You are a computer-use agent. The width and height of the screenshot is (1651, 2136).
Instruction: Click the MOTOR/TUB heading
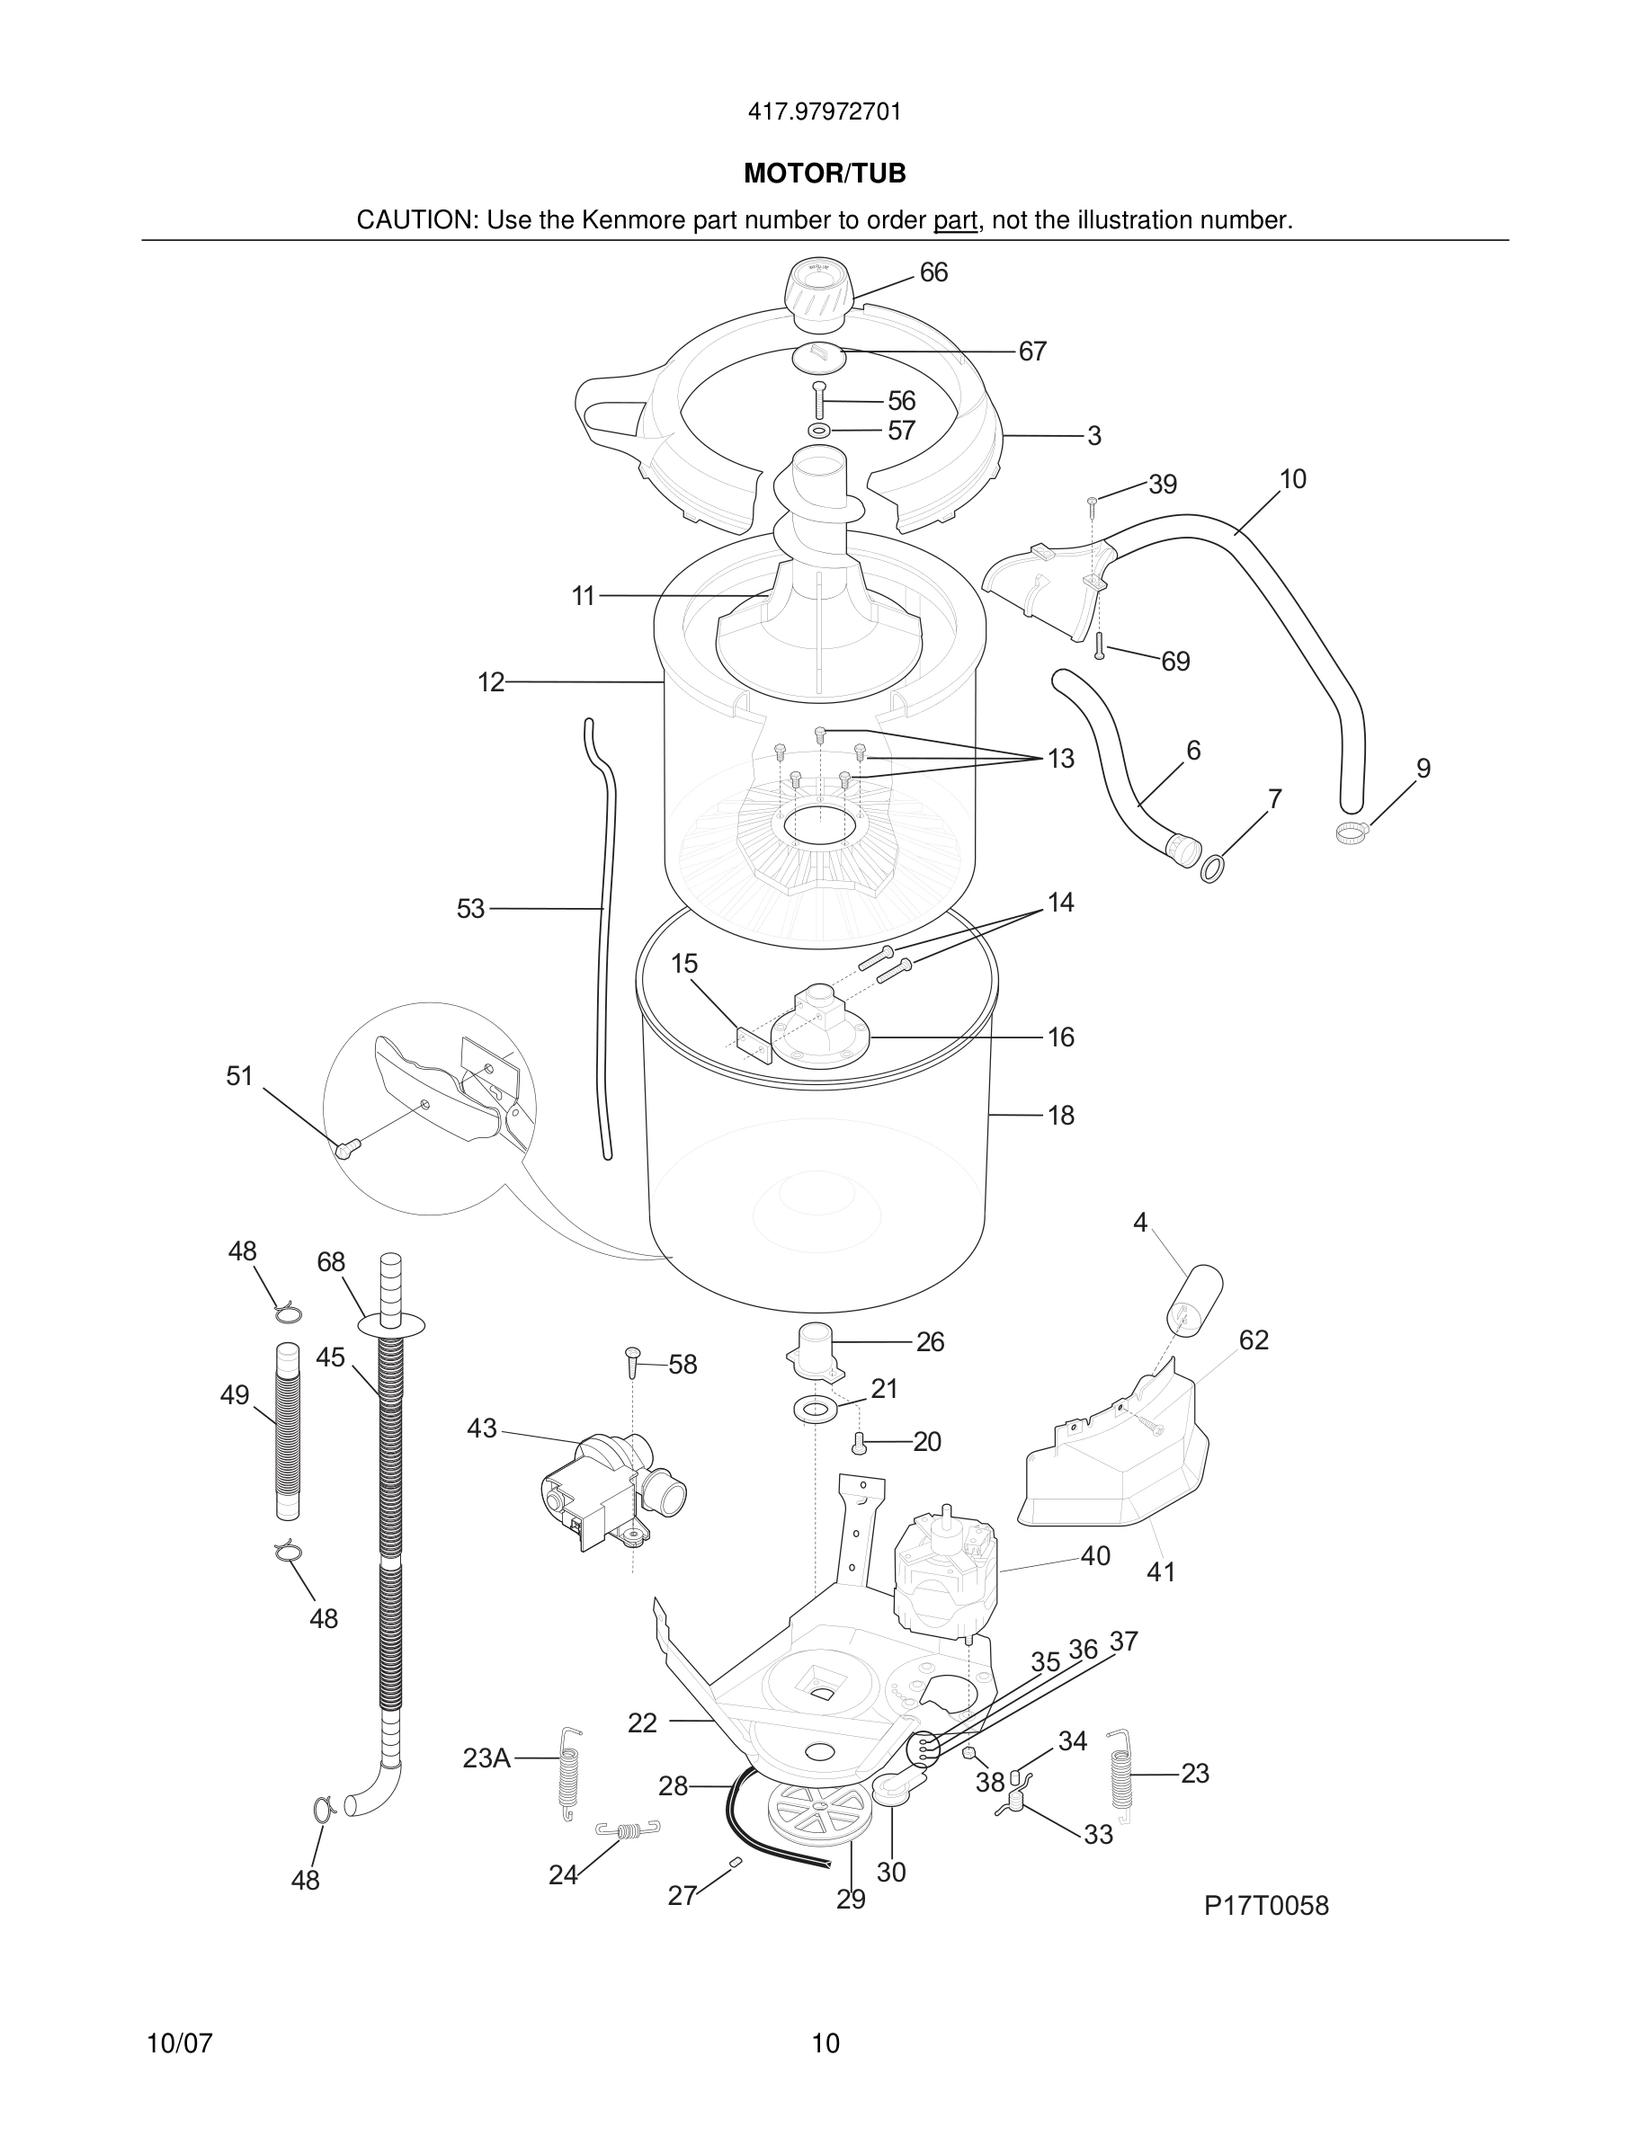[x=825, y=174]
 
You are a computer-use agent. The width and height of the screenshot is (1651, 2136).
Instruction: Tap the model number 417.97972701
[x=825, y=112]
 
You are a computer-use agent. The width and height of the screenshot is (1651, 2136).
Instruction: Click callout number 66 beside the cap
[x=933, y=273]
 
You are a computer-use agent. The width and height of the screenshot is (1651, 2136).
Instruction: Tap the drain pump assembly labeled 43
[x=611, y=1492]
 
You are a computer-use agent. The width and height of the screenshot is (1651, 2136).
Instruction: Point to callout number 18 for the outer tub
[x=1060, y=1115]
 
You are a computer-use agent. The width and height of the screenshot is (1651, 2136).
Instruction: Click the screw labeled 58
[x=632, y=1361]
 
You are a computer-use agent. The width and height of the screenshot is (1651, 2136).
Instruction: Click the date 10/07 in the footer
[x=179, y=2044]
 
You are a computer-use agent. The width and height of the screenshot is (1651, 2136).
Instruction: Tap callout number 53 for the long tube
[x=470, y=910]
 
